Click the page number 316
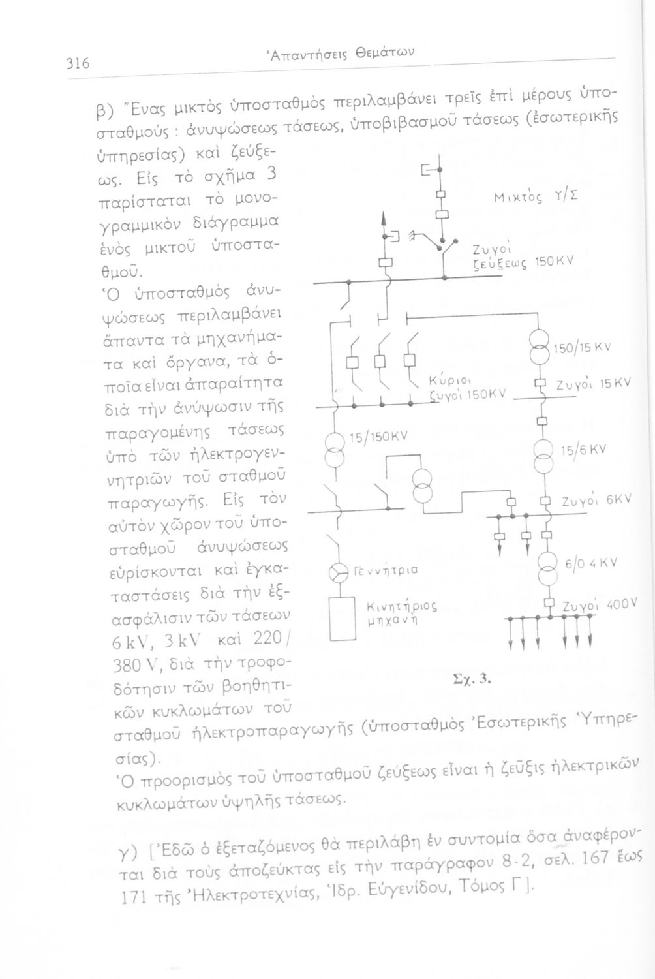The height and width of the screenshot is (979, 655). (77, 64)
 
